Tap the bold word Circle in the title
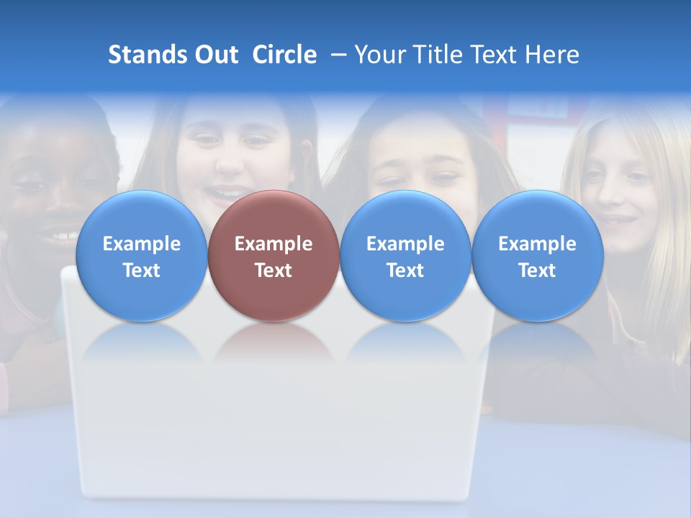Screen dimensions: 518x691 (x=284, y=55)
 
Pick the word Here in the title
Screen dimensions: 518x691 (x=552, y=55)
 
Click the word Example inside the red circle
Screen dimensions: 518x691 (x=274, y=244)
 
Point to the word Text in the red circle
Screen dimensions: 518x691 (x=274, y=271)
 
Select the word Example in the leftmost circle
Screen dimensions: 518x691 (x=141, y=244)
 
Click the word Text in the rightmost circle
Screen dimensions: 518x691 (x=538, y=271)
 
